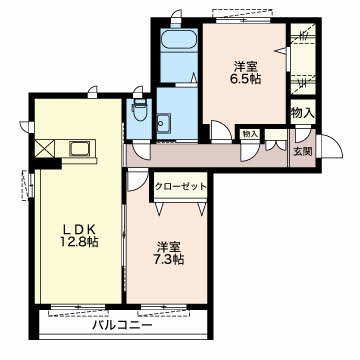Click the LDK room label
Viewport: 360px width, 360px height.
(x=80, y=229)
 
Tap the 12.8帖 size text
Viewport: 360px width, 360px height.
(x=79, y=242)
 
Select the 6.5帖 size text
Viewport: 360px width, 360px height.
(x=245, y=79)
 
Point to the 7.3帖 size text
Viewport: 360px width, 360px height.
(x=169, y=259)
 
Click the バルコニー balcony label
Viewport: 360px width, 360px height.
(x=123, y=324)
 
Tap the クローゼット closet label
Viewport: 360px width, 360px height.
(x=181, y=186)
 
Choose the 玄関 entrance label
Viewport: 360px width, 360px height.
(x=303, y=152)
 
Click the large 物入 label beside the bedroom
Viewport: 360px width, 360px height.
(x=303, y=113)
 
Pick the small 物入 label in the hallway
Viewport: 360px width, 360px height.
(x=250, y=134)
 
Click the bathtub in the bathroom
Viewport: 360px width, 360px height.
(x=179, y=40)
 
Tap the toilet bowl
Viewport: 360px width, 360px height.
(x=139, y=110)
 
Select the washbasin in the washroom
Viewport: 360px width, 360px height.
(x=164, y=122)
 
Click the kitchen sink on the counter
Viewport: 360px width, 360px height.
(x=80, y=149)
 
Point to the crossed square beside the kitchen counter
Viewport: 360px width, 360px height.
(x=45, y=148)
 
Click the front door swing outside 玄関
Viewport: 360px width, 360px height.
(x=331, y=146)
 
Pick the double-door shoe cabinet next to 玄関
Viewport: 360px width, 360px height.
(x=276, y=145)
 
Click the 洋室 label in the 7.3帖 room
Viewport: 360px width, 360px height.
(x=169, y=247)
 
